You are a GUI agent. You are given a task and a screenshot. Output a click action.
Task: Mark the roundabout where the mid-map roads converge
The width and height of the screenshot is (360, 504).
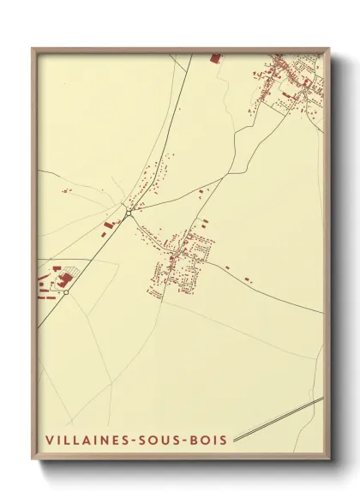(128, 213)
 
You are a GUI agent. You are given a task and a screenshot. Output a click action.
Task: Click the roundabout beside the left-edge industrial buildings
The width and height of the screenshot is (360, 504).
(66, 292)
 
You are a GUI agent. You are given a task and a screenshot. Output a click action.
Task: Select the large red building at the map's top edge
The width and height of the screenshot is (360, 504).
(214, 58)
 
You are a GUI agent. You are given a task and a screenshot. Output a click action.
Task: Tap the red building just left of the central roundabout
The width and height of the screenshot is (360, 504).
(109, 224)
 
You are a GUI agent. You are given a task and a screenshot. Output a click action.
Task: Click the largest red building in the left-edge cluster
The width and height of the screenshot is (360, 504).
(66, 279)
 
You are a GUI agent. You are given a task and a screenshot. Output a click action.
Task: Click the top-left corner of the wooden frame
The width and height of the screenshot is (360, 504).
(33, 48)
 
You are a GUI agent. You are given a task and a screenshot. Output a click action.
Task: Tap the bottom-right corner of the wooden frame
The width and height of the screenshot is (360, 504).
(329, 463)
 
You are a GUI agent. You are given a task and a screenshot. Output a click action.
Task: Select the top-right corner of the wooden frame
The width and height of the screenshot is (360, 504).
(329, 48)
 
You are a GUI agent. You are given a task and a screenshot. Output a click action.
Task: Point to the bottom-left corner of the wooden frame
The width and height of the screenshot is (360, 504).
(33, 463)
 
